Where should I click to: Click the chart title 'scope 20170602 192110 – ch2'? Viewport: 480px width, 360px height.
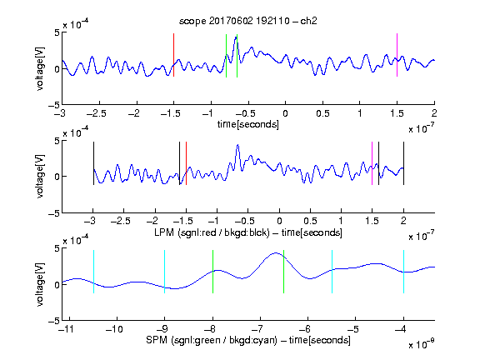pos(247,21)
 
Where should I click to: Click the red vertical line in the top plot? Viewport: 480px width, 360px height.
pos(173,55)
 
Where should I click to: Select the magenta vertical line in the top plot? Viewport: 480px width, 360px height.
pos(397,55)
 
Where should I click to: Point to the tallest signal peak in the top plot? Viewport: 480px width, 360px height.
pos(236,37)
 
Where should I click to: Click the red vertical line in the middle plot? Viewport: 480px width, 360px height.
pos(186,163)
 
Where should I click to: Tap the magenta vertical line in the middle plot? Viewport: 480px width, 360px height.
pos(372,163)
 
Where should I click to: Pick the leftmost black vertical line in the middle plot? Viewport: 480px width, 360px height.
pos(93,163)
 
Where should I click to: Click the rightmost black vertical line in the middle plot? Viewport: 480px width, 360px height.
pos(403,163)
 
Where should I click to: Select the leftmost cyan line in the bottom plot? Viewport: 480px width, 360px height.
pos(93,272)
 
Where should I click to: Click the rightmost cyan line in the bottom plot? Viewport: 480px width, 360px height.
pos(403,272)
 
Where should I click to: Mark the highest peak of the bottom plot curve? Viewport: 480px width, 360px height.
pos(276,252)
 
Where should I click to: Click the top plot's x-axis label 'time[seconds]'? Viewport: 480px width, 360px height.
pos(248,124)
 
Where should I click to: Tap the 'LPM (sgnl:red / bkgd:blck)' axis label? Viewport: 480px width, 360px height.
pos(212,232)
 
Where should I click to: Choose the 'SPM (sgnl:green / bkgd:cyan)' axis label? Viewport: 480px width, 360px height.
pos(212,340)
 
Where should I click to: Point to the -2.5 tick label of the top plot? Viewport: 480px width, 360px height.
pos(96,113)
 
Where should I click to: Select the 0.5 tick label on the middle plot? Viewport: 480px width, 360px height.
pos(310,221)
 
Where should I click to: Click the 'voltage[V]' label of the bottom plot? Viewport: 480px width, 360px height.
pos(40,285)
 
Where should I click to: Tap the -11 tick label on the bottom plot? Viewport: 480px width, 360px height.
pos(67,329)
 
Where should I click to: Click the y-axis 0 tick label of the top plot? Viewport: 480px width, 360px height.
pos(57,69)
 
